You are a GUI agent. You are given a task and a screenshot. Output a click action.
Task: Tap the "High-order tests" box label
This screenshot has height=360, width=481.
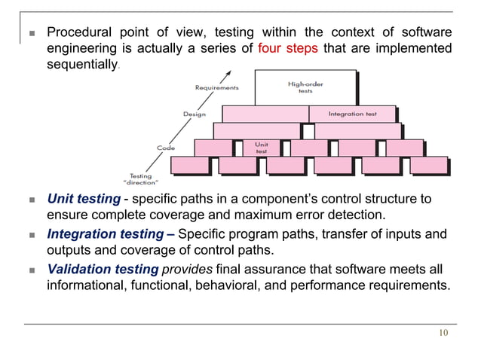(x=305, y=87)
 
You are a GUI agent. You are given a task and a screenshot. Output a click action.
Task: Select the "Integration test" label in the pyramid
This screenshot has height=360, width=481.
(x=351, y=114)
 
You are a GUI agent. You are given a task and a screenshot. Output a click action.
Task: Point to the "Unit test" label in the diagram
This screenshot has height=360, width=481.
(x=261, y=147)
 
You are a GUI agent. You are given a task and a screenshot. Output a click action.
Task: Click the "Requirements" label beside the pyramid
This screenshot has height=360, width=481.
(x=217, y=87)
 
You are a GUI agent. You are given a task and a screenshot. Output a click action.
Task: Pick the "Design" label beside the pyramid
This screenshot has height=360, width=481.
(x=194, y=114)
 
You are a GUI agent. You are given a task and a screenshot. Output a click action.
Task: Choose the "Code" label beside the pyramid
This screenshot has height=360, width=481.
(x=166, y=148)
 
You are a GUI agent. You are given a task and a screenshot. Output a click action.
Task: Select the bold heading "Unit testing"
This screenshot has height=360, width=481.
(x=83, y=200)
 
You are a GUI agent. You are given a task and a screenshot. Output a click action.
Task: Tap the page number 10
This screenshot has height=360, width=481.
(x=443, y=334)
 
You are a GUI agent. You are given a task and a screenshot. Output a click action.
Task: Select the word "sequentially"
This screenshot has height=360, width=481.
(x=81, y=65)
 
